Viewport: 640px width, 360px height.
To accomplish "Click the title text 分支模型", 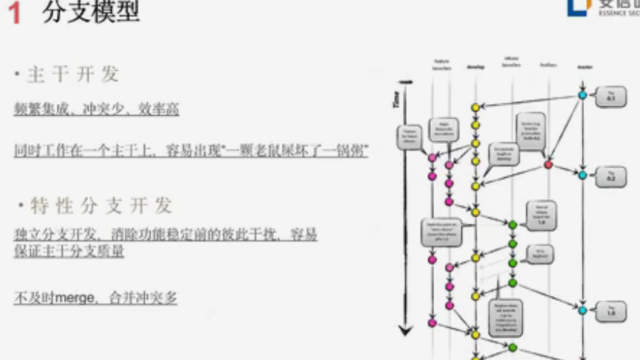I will point(91,13).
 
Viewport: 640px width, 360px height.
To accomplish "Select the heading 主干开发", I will point(73,75).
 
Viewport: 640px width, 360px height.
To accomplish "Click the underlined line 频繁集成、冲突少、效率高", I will point(97,110).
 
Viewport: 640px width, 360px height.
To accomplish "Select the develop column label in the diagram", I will point(475,66).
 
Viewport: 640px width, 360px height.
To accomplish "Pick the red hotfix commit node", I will point(548,164).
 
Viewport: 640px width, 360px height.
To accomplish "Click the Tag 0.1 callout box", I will point(611,96).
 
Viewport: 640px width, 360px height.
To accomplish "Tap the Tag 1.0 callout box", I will point(611,311).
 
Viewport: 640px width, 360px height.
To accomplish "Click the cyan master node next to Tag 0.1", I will point(582,95).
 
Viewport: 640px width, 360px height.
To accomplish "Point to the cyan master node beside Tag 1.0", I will point(582,311).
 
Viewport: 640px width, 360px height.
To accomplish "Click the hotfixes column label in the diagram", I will point(548,64).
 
